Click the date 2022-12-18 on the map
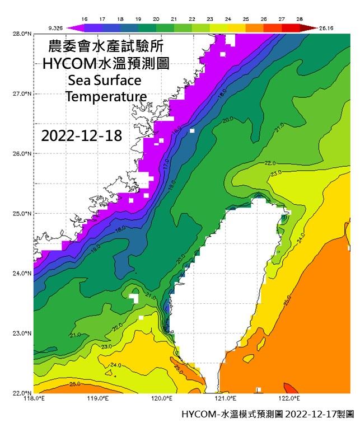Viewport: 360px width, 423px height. (x=82, y=135)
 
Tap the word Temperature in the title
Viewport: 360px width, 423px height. (x=106, y=97)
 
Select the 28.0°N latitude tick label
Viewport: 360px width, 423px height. (x=21, y=34)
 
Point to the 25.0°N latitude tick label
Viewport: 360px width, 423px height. (x=21, y=213)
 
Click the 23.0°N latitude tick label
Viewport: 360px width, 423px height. (x=21, y=333)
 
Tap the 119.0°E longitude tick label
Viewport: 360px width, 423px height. (x=97, y=399)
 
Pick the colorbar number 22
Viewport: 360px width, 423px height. (x=191, y=19)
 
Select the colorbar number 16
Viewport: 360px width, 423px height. (x=84, y=19)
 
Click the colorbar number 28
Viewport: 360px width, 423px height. (x=300, y=19)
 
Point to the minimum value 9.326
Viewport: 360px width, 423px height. (x=55, y=27)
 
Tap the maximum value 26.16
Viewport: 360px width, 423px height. (x=328, y=27)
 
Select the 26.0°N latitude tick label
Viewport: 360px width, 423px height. (x=21, y=153)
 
